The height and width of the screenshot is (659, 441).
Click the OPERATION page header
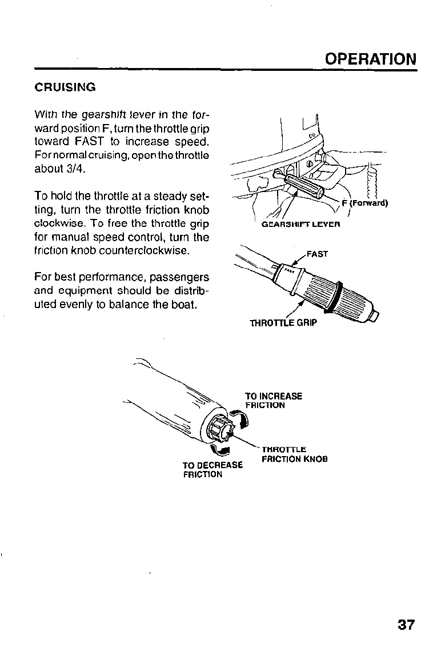point(370,59)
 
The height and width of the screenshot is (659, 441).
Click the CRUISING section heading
point(65,88)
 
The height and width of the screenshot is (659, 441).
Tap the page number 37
point(406,624)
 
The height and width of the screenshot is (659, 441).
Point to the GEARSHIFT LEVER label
point(300,225)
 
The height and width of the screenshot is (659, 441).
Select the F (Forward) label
point(364,203)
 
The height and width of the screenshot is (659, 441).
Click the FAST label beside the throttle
point(318,254)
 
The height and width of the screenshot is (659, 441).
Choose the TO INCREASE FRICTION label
point(273,401)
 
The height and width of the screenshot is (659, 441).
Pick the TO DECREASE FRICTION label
point(213,469)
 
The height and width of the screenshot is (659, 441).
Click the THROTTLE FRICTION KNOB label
point(294,454)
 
